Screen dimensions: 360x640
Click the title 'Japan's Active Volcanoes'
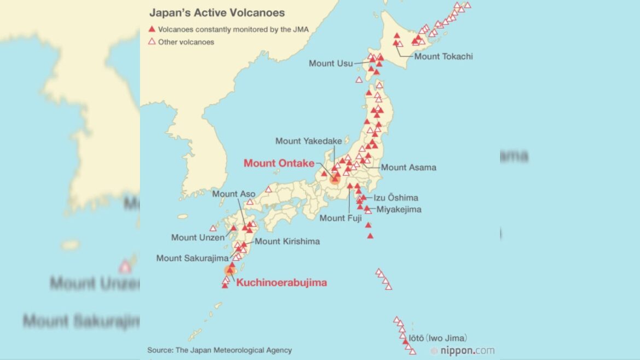click(x=217, y=13)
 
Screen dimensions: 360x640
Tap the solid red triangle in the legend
click(x=152, y=30)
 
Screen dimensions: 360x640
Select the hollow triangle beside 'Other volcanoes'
click(x=152, y=42)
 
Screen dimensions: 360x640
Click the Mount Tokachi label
click(x=443, y=56)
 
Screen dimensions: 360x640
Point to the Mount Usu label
click(x=330, y=63)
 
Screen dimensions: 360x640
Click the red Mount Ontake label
click(x=279, y=163)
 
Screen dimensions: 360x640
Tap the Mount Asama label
click(x=408, y=167)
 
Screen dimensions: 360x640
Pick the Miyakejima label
click(x=399, y=209)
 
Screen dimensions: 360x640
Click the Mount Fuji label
click(x=340, y=218)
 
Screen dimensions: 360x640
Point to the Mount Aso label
click(x=233, y=194)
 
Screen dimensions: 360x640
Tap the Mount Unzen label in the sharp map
click(x=197, y=237)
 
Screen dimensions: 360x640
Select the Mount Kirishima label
click(x=287, y=241)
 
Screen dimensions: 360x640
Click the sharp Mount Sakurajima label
click(x=192, y=258)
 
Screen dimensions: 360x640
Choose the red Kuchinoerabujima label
click(x=281, y=283)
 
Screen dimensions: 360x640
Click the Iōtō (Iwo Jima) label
click(x=438, y=338)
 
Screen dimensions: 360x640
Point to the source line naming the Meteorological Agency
click(x=219, y=350)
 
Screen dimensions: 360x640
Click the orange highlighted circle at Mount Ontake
click(x=335, y=178)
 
